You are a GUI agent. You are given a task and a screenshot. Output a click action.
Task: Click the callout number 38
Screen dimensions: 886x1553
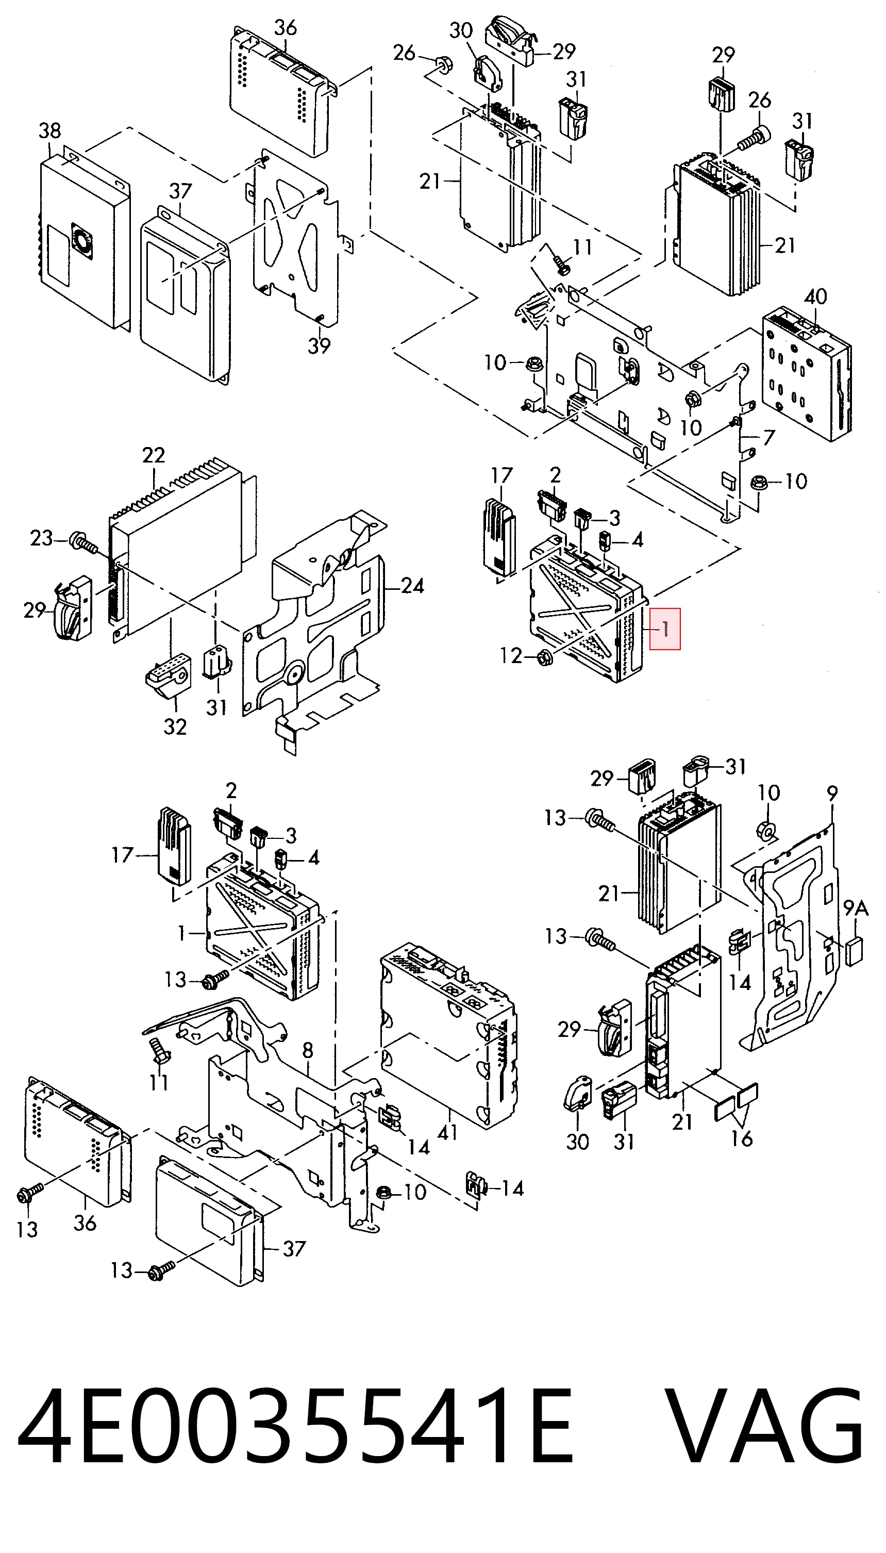(50, 131)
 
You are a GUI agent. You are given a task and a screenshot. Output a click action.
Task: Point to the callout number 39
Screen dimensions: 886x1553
(319, 345)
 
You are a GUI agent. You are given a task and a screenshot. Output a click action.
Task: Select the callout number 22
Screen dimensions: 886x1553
(154, 455)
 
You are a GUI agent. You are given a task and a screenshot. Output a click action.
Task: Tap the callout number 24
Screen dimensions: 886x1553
(412, 586)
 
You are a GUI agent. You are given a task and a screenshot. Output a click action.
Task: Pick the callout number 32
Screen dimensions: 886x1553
(175, 726)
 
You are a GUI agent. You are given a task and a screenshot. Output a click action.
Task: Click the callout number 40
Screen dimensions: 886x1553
(815, 296)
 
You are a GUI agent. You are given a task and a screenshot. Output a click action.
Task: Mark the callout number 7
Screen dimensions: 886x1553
(769, 438)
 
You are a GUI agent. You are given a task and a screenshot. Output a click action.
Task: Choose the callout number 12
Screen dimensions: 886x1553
(511, 656)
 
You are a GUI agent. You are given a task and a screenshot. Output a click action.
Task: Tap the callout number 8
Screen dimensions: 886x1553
(308, 1050)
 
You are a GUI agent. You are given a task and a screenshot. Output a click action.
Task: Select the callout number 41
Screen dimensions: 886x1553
(448, 1132)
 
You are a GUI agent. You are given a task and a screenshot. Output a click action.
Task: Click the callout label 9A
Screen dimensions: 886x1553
(856, 908)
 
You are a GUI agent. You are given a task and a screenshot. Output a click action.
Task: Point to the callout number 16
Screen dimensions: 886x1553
(742, 1138)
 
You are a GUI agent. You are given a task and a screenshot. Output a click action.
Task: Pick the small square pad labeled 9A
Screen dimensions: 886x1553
(854, 951)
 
